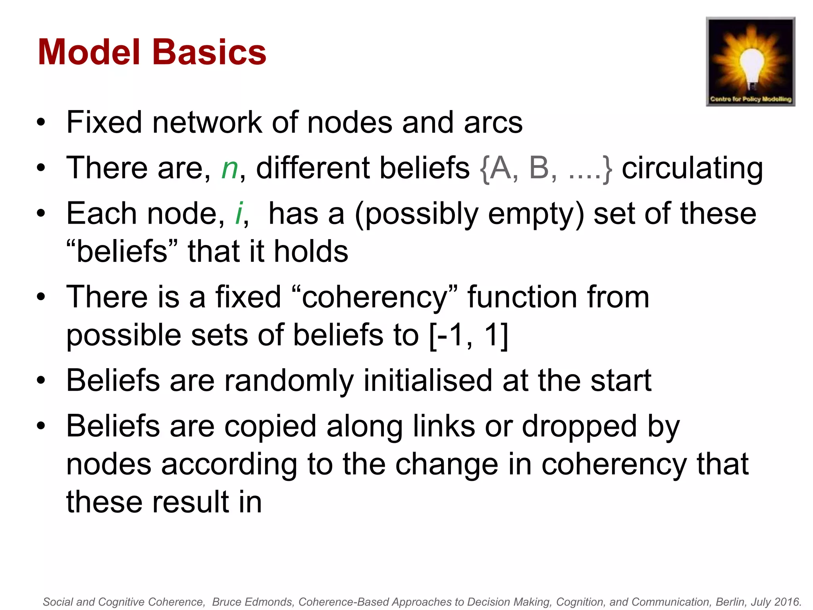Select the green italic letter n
click(x=229, y=168)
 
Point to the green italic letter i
click(x=239, y=214)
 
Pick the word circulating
click(x=692, y=168)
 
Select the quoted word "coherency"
click(x=374, y=297)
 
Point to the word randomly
click(x=289, y=381)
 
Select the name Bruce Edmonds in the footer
click(x=252, y=602)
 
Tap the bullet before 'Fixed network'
click(x=41, y=123)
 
